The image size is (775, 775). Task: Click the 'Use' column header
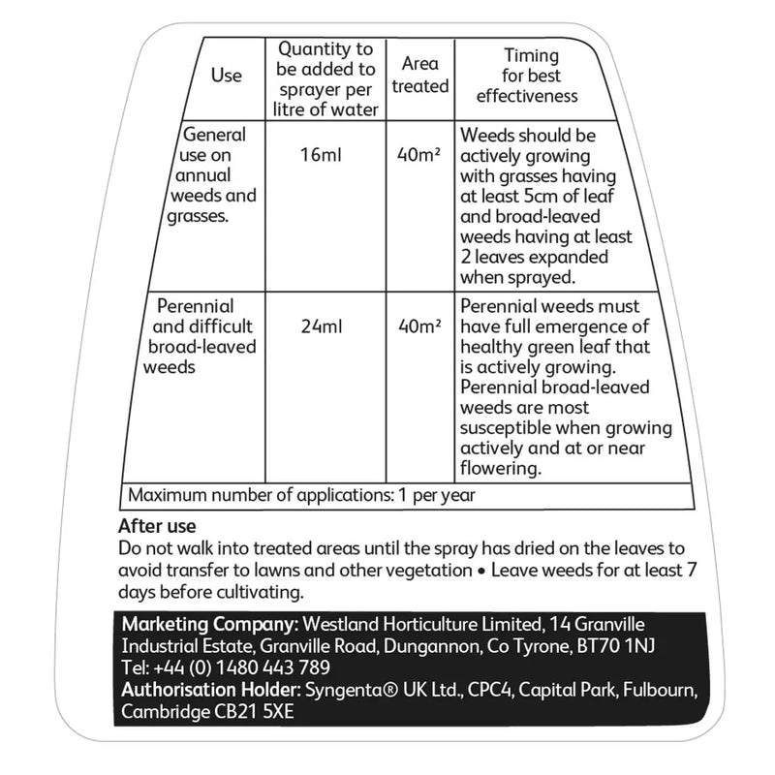(x=226, y=77)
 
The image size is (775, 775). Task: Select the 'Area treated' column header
(x=419, y=75)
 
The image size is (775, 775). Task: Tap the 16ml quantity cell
(x=323, y=154)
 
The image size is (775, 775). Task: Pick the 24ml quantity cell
(x=323, y=325)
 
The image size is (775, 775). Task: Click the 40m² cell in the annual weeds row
(x=419, y=154)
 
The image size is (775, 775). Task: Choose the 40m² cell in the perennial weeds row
(x=419, y=325)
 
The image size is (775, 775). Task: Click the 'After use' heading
(x=157, y=527)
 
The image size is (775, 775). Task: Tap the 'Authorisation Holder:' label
(x=212, y=691)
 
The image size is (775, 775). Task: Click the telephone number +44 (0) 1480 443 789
(x=240, y=667)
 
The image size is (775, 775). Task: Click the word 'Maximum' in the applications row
(x=165, y=495)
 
